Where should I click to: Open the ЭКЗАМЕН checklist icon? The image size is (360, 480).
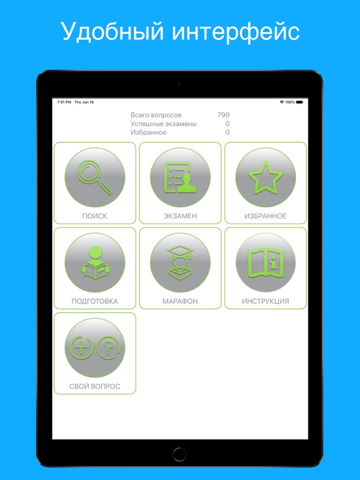180,177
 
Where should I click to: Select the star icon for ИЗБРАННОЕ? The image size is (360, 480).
266,177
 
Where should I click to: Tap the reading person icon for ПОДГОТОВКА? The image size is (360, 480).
95,263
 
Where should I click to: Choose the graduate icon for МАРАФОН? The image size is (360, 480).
180,263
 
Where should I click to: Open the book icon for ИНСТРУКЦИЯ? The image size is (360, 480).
266,263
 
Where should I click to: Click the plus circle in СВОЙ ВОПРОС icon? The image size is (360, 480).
81,348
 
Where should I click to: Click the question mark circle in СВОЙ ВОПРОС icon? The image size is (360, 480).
109,348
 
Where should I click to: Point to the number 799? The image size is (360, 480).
223,115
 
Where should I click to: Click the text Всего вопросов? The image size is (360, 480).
156,115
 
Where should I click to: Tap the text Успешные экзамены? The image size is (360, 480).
164,124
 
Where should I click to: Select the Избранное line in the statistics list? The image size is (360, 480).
149,133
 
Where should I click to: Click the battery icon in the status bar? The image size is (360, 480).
299,102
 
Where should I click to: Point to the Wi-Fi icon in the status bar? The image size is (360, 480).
281,102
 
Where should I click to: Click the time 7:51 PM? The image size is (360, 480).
64,102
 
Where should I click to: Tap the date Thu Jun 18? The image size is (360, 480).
84,102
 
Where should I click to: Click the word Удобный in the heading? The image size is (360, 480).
112,31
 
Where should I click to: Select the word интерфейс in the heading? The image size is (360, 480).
236,32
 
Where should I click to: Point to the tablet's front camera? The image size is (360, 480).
179,84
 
